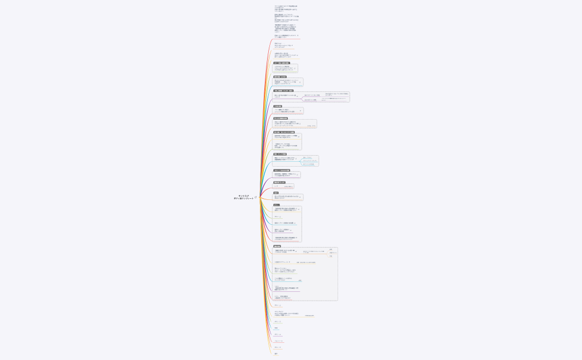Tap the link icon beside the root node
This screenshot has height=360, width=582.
coord(256,197)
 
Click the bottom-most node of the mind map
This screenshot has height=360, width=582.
coord(276,353)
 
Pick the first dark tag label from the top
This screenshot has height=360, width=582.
coord(282,63)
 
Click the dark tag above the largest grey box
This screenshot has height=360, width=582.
coord(277,246)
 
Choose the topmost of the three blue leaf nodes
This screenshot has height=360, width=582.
coord(307,158)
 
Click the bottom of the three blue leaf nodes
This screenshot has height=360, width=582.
coord(308,164)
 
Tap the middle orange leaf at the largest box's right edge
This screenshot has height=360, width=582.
coord(333,253)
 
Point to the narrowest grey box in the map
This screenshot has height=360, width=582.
coord(283,186)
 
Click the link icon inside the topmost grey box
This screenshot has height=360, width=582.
coord(294,68)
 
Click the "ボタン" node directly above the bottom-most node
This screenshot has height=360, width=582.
coord(277,347)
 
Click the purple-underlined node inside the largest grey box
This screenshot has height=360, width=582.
coord(286,288)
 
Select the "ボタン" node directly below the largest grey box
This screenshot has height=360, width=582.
coord(277,305)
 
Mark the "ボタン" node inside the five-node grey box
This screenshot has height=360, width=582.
coord(277,217)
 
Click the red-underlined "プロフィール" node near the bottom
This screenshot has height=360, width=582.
coord(279,341)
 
